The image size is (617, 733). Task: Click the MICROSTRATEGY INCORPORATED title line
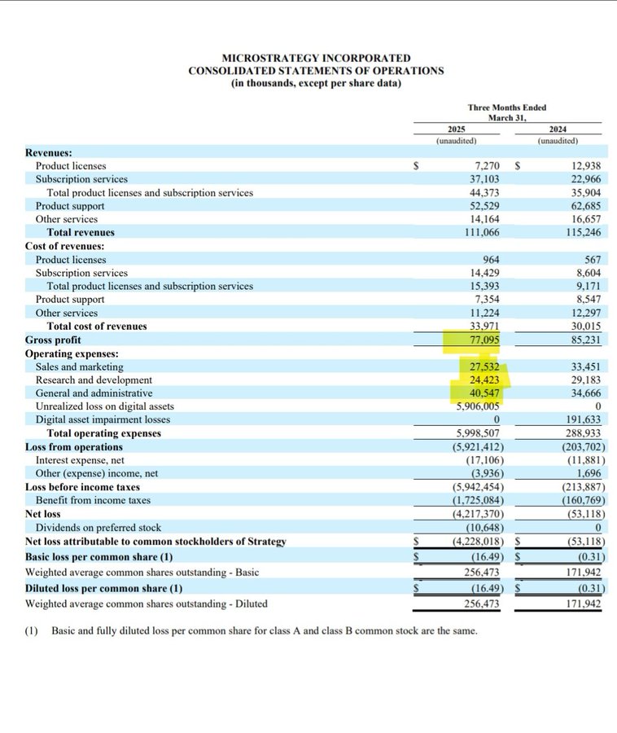(x=316, y=58)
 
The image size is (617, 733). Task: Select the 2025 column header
(x=457, y=129)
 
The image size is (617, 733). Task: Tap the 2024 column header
(x=558, y=129)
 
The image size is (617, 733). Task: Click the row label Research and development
(x=94, y=380)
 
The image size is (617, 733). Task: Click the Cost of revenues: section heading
(x=64, y=246)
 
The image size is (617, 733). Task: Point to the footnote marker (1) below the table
(x=33, y=631)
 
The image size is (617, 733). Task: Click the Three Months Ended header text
(x=506, y=107)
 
